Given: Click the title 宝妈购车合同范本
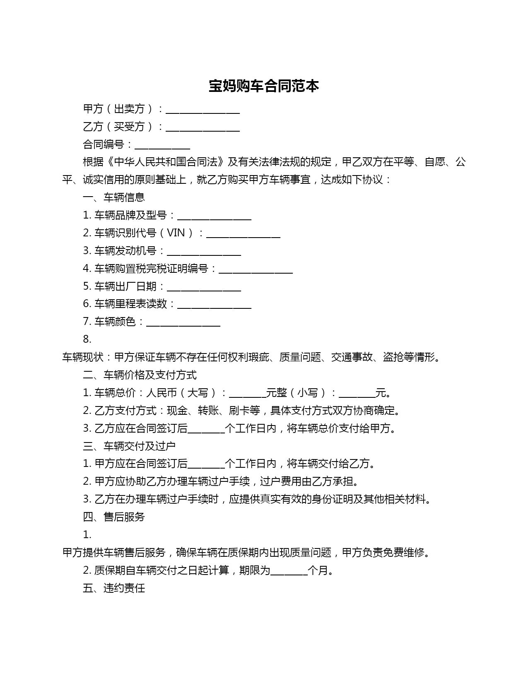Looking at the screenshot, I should [x=263, y=86].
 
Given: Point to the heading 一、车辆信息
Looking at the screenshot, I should [x=114, y=197].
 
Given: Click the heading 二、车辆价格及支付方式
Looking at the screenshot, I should [x=140, y=375].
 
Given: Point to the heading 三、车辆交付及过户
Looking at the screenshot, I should [x=129, y=446].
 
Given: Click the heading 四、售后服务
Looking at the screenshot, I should [x=114, y=517].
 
